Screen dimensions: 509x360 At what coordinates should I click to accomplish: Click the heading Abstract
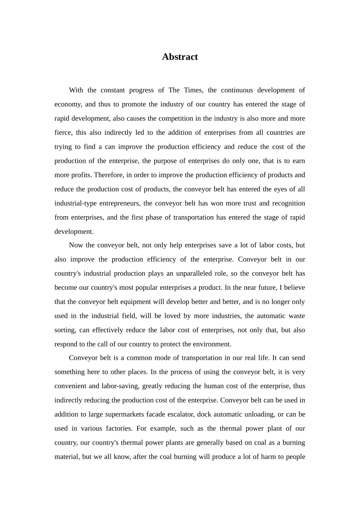180,57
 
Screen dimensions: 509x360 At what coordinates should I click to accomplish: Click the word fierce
63,133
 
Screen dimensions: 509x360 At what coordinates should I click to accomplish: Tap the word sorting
65,330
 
